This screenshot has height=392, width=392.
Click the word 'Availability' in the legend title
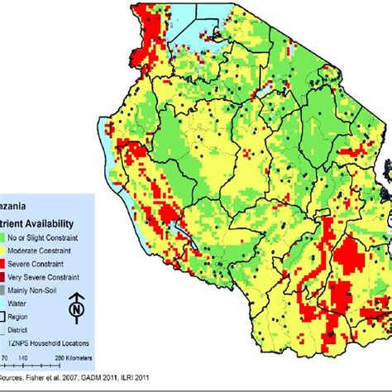point(57,222)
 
